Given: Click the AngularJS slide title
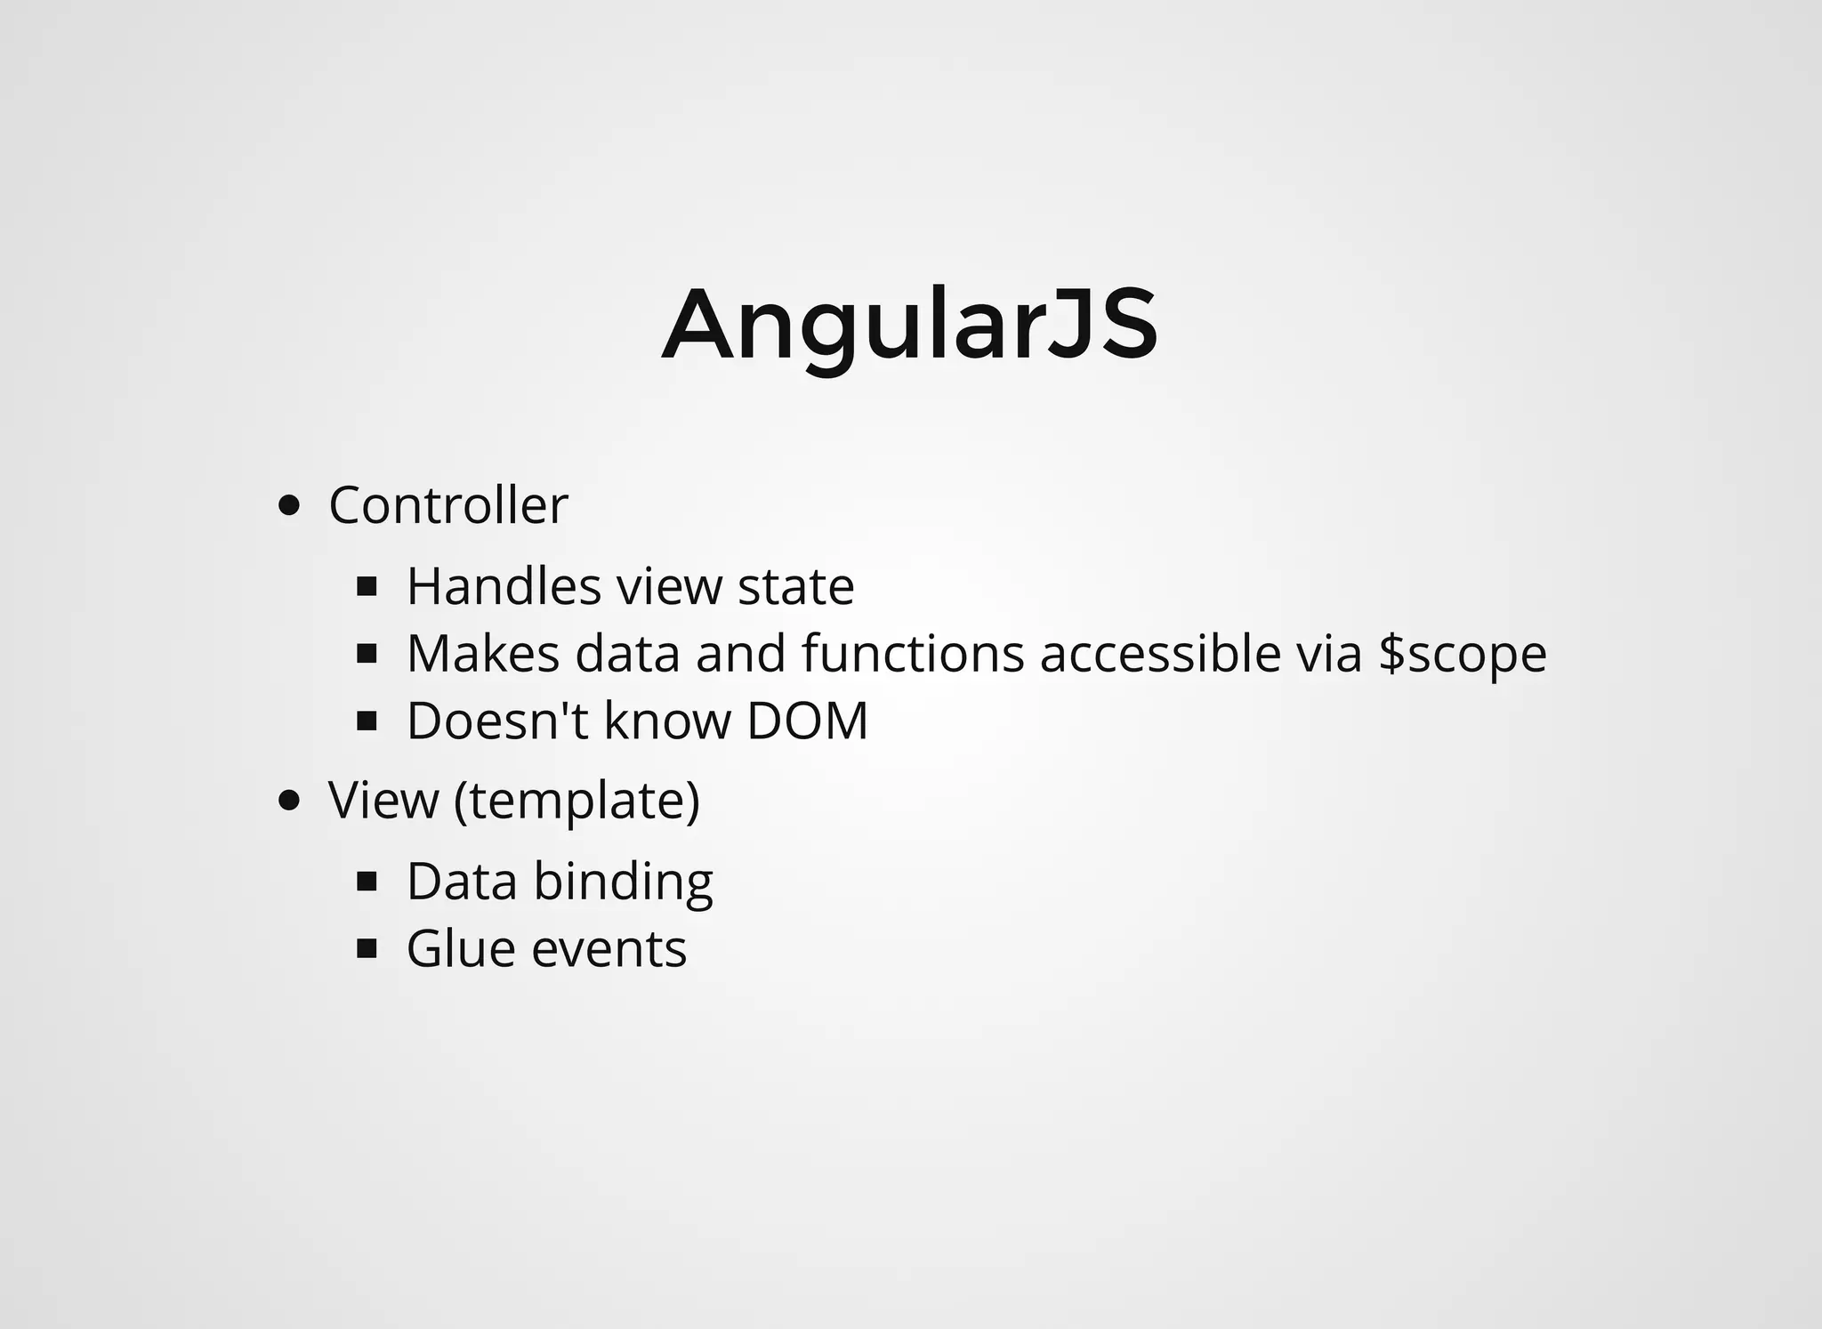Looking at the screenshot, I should point(909,325).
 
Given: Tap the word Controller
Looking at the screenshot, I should point(447,506).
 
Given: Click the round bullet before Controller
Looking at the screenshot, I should point(288,506).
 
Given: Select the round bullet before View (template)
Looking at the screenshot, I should point(288,800).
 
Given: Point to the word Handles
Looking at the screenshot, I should point(504,587).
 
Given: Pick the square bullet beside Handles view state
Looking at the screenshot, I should point(367,587).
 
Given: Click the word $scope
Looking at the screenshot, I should point(1462,655).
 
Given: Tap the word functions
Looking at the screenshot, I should point(913,654).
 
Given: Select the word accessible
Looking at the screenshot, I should point(1160,654).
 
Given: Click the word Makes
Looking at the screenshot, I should point(483,654).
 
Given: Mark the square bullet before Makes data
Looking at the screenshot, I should point(367,655).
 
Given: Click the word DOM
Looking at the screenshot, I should point(807,721).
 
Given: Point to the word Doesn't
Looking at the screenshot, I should point(497,721).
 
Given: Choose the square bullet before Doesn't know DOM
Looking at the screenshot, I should point(367,721).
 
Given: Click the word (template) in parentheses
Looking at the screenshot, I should point(576,801).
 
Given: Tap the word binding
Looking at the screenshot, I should point(623,882).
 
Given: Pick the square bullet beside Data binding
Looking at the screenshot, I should point(367,882).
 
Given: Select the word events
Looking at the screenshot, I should point(609,949).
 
